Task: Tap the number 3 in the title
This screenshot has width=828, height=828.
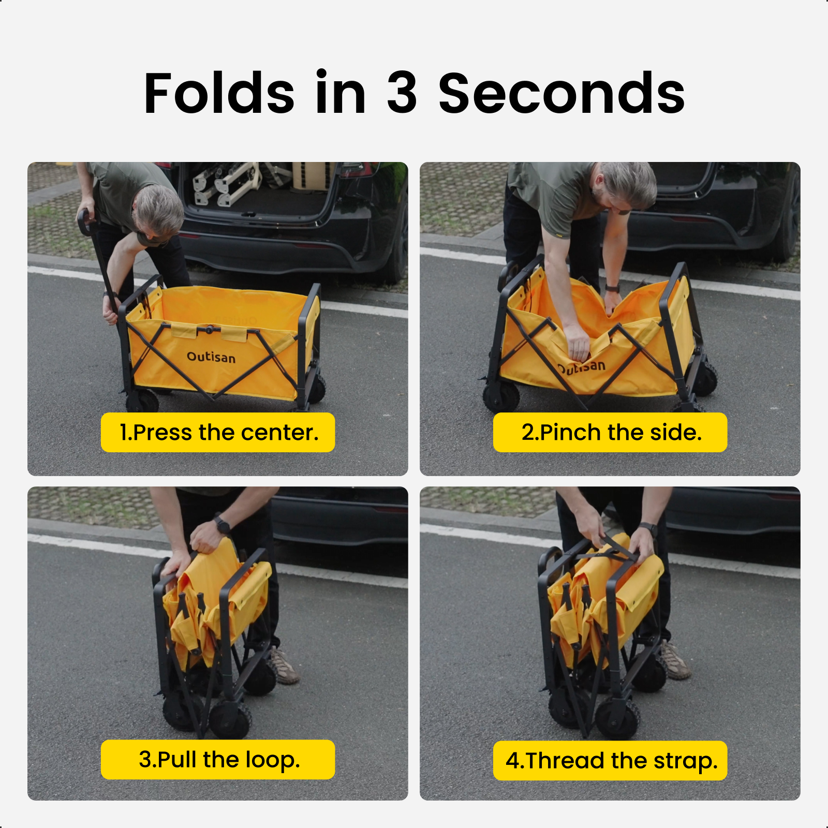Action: tap(402, 93)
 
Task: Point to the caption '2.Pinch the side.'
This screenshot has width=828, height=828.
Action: tap(611, 433)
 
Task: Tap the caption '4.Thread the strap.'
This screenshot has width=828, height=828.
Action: tap(611, 761)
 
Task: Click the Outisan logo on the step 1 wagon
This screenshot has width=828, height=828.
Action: tap(211, 357)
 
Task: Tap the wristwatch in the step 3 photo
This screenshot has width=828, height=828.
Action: tap(223, 525)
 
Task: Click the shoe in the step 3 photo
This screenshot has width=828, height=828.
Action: tap(284, 666)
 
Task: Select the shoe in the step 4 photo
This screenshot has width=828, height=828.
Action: tap(674, 659)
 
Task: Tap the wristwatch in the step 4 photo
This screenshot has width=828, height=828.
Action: tap(648, 529)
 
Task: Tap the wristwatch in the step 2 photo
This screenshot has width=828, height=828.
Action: tap(613, 288)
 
